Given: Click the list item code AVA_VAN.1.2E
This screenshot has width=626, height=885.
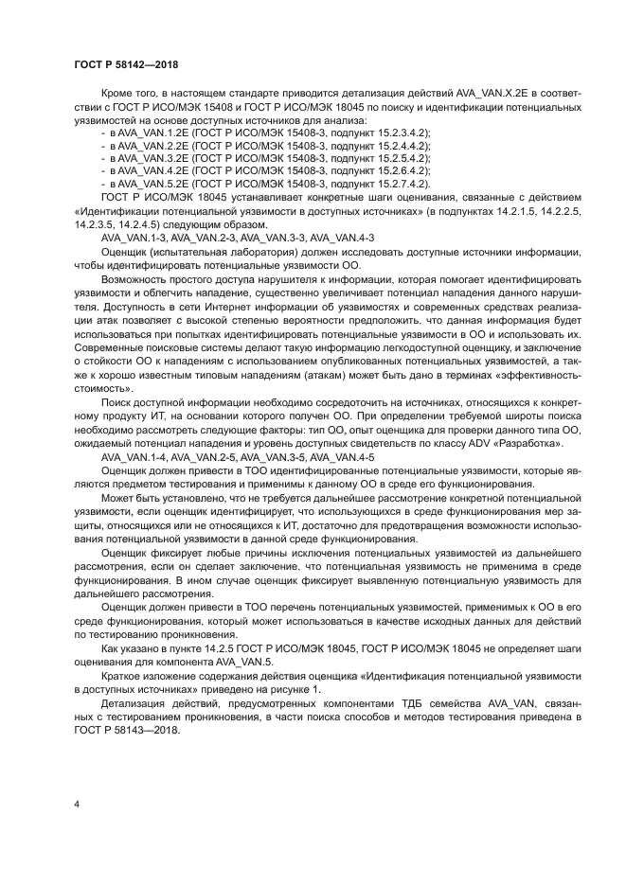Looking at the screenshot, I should [152, 133].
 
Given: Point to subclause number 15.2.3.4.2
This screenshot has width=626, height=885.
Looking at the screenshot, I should [391, 133].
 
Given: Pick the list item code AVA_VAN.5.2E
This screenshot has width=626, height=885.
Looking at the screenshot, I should [152, 182].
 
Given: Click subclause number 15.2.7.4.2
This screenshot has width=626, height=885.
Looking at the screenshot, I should [391, 182].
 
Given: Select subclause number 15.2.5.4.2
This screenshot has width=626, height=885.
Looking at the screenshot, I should [391, 157].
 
